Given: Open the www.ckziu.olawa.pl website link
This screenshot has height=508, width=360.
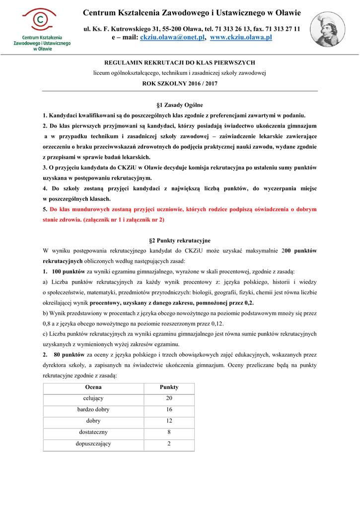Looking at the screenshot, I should click(241, 37).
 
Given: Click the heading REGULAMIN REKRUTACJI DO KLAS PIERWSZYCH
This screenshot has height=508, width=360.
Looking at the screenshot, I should click(179, 63).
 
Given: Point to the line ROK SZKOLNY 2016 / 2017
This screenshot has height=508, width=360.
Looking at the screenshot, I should click(179, 84).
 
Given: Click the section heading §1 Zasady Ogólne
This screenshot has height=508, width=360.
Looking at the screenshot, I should click(179, 105).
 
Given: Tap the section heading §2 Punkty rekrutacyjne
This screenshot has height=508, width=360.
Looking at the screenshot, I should click(179, 241).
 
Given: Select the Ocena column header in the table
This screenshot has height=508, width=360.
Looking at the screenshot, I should click(93, 387).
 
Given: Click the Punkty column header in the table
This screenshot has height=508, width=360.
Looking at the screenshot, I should click(169, 387).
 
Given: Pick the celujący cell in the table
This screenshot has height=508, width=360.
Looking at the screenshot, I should click(93, 398).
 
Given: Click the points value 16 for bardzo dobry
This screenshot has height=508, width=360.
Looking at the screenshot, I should click(169, 410).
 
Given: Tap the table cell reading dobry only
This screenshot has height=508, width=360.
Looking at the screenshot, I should click(93, 421).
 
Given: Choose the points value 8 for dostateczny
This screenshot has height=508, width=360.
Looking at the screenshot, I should click(169, 433).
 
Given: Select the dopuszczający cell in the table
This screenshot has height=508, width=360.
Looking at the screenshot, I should click(93, 444).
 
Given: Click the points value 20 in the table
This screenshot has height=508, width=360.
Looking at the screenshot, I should click(169, 398).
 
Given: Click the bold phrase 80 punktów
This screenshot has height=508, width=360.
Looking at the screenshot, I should click(70, 355).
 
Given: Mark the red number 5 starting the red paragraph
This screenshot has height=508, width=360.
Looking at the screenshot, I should click(45, 209).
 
